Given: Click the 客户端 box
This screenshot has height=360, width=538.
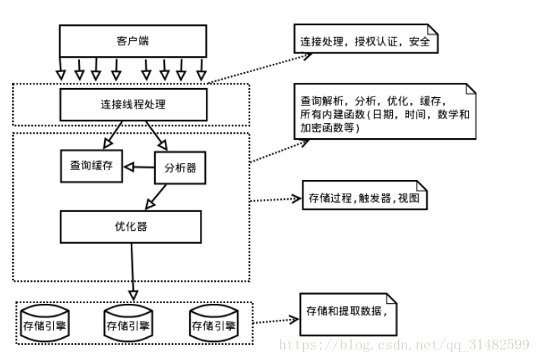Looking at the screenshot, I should tap(133, 41).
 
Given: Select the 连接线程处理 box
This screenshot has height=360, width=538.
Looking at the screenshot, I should tap(133, 104).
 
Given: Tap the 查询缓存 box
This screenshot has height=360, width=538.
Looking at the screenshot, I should tap(91, 165).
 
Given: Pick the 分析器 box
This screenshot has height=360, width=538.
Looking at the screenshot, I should tap(180, 168).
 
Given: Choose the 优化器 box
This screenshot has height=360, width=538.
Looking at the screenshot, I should tap(131, 226).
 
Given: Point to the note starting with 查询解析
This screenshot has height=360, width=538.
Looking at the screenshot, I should tap(385, 113).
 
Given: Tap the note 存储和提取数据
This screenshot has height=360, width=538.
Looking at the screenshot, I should tap(349, 314).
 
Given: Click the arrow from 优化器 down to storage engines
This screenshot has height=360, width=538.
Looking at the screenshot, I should tap(134, 270).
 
